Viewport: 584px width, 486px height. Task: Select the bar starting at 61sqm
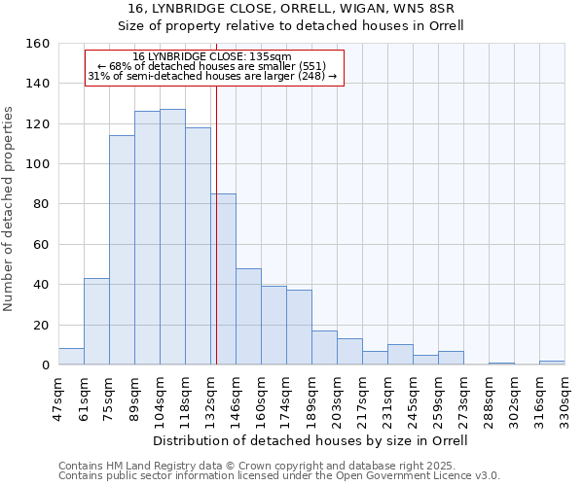[96, 322]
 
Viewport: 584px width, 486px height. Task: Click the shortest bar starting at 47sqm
[71, 357]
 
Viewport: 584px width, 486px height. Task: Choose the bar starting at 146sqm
[248, 317]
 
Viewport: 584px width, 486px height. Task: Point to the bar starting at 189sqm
[324, 348]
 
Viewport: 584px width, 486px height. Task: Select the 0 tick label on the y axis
[45, 364]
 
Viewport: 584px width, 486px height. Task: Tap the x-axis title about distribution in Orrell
[311, 440]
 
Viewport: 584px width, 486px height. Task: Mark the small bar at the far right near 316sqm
[552, 363]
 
